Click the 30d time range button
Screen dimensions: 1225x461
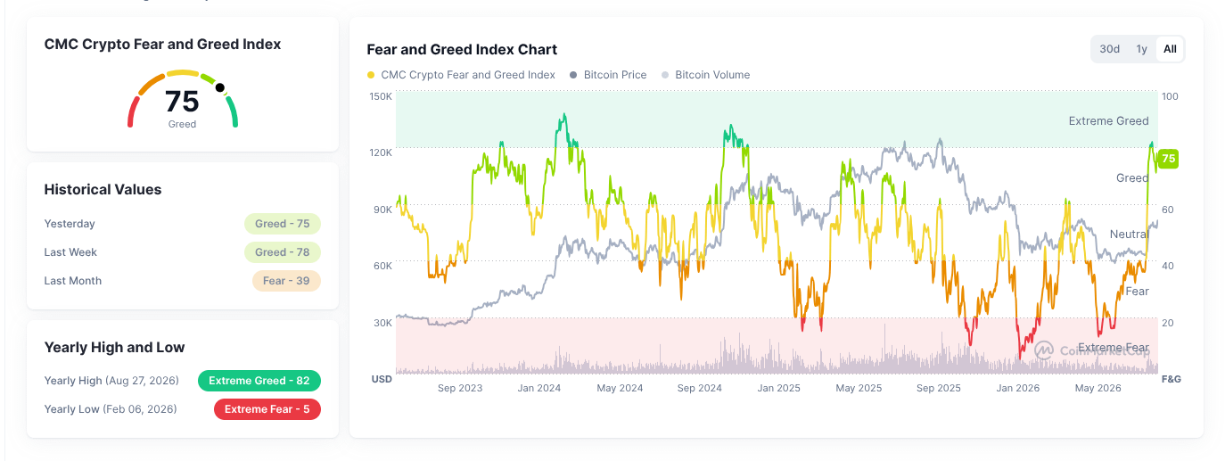click(x=1109, y=49)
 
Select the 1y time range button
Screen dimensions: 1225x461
click(x=1141, y=49)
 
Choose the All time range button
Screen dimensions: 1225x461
click(x=1170, y=49)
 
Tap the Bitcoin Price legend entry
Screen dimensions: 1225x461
click(x=608, y=75)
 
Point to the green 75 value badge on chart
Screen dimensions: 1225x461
click(x=1168, y=159)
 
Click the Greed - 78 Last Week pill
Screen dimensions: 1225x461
click(x=283, y=252)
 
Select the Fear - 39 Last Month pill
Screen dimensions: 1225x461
click(x=286, y=281)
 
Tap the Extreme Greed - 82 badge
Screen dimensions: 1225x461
click(x=259, y=381)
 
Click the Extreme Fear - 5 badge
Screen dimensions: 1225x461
click(x=267, y=409)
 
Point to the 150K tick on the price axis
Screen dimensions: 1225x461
click(x=381, y=96)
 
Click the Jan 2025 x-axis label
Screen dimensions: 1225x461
click(x=778, y=388)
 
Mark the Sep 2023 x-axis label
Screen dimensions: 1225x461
click(x=460, y=388)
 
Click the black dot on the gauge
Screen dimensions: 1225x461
click(x=220, y=87)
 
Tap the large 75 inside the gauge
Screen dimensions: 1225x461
click(x=182, y=102)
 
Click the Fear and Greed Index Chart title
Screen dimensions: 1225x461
click(x=462, y=49)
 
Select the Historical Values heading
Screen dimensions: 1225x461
click(x=103, y=189)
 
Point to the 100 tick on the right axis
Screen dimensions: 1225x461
click(x=1170, y=96)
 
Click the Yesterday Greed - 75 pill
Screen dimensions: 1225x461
click(x=283, y=224)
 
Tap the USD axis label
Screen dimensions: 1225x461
click(x=382, y=379)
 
